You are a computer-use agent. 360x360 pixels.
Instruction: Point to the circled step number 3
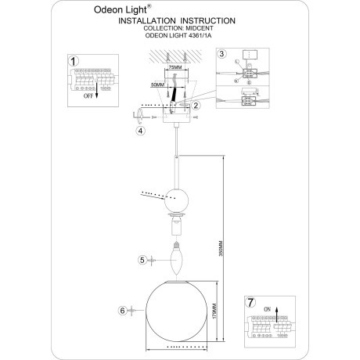222,55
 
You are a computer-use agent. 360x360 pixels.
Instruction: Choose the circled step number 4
140,131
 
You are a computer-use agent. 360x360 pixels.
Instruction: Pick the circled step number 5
141,260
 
